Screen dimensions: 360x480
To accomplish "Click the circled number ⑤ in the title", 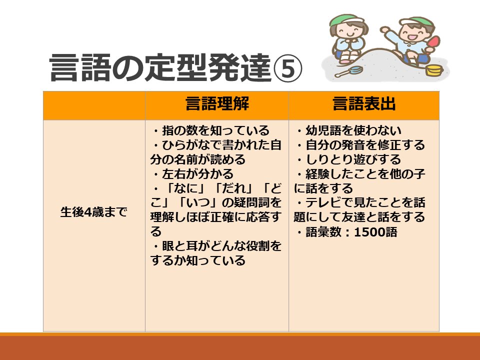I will click(288, 68).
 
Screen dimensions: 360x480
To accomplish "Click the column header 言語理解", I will click(217, 104).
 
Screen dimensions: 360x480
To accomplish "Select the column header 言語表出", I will click(364, 104).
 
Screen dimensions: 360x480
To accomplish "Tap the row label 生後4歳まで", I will click(94, 211).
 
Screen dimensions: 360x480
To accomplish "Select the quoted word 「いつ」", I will click(209, 203).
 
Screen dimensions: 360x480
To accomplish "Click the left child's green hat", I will click(344, 20).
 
